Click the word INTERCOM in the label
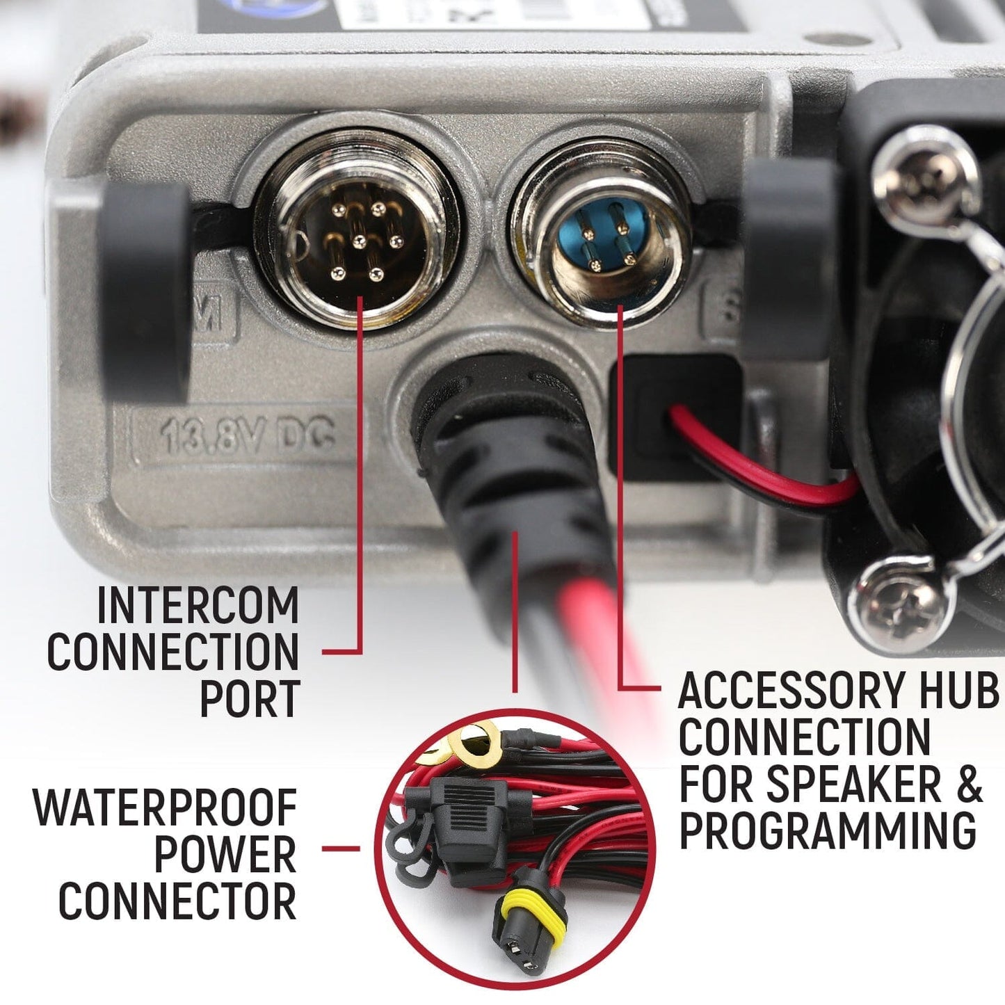(198, 606)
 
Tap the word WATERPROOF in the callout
(166, 808)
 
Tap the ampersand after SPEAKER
(969, 784)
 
